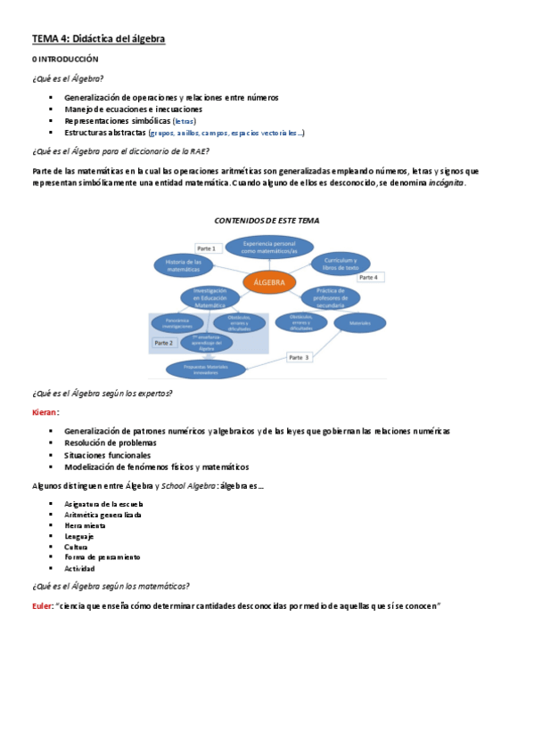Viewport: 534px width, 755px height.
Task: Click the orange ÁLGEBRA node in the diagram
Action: [x=268, y=282]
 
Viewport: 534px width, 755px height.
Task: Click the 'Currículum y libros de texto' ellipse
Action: [x=341, y=264]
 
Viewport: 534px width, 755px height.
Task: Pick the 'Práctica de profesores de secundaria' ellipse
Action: [x=331, y=296]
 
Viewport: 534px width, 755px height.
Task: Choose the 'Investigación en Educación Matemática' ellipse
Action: [x=210, y=297]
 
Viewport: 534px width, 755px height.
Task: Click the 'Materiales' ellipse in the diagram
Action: [x=359, y=322]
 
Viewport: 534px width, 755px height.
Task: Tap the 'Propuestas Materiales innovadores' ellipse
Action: [x=206, y=369]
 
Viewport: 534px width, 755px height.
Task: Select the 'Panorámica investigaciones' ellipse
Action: [x=178, y=324]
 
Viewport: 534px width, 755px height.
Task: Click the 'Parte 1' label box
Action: [x=207, y=248]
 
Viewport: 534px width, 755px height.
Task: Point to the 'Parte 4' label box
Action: [x=368, y=278]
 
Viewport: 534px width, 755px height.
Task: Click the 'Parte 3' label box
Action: [x=300, y=357]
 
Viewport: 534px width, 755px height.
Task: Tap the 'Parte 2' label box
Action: [x=164, y=343]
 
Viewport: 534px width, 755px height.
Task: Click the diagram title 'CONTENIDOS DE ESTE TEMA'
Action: [x=267, y=220]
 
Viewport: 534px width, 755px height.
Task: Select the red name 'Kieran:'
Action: [x=45, y=412]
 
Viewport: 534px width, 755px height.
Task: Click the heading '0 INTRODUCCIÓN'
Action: [x=65, y=58]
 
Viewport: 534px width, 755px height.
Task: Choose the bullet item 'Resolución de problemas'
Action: [x=111, y=442]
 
